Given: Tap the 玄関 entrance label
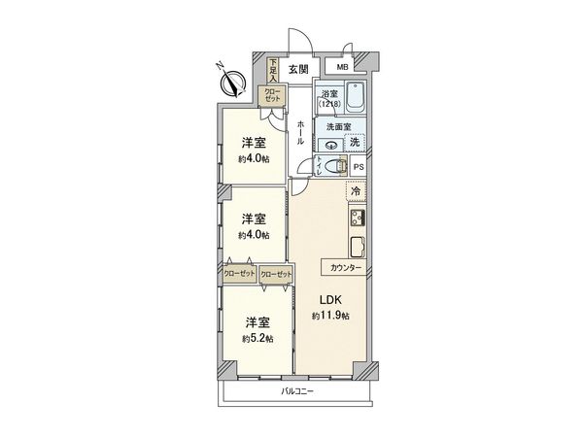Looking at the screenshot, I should [x=298, y=69].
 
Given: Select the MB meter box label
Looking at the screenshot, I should [x=343, y=67].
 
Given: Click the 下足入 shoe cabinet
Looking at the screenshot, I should [x=273, y=71].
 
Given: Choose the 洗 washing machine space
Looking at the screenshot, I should [x=356, y=144].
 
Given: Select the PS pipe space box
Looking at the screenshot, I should [x=359, y=166].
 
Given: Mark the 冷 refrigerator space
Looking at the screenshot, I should [x=356, y=191].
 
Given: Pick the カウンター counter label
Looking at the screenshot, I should [x=345, y=267].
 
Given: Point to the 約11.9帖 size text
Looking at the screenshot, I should [x=330, y=317].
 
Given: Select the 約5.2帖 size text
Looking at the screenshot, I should [x=256, y=339].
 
